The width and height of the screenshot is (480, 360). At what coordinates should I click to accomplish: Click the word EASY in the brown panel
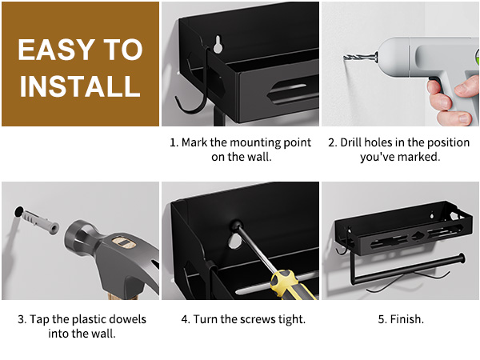(x=56, y=50)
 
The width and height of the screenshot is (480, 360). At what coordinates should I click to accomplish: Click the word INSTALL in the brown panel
(x=80, y=86)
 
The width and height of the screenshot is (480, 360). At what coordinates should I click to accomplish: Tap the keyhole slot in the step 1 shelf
(x=218, y=45)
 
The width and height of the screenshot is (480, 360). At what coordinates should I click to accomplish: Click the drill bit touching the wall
(x=360, y=58)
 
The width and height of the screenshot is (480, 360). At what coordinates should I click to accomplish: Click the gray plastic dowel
(x=40, y=221)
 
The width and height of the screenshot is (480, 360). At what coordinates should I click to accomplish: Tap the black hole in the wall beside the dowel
(x=18, y=211)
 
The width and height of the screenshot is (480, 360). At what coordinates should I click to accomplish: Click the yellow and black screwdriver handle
(x=291, y=286)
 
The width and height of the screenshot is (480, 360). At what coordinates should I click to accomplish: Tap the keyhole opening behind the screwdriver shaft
(x=234, y=241)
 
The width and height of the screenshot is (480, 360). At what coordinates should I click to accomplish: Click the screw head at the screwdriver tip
(x=235, y=225)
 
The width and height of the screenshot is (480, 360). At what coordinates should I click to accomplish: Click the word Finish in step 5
(x=406, y=319)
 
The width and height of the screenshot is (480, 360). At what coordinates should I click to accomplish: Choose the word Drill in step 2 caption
(x=351, y=142)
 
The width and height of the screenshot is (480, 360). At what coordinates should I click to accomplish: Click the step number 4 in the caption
(x=185, y=319)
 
